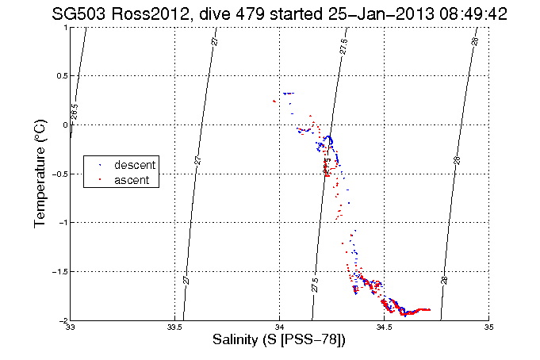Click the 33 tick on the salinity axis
click(71, 327)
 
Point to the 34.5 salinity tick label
click(384, 327)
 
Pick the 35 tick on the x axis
click(488, 327)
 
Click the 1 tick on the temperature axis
click(65, 28)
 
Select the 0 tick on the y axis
click(65, 125)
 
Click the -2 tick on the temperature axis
click(62, 320)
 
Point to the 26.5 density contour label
click(74, 113)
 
